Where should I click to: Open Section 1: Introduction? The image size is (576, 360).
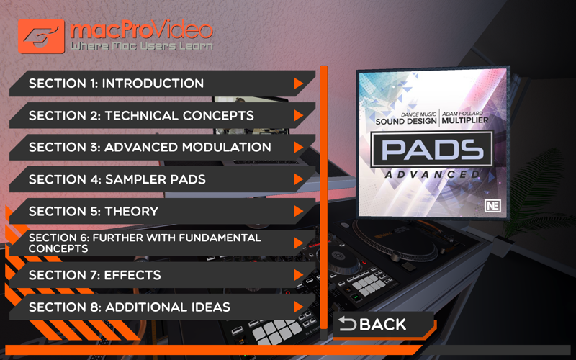pos(161,84)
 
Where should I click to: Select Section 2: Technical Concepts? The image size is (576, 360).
pos(161,115)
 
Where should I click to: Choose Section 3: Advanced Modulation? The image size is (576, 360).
pos(161,148)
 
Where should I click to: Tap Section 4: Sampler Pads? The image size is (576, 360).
pos(161,179)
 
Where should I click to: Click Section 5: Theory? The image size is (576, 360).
pos(161,211)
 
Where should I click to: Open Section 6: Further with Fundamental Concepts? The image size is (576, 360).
pos(161,243)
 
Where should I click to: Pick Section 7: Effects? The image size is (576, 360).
pos(161,275)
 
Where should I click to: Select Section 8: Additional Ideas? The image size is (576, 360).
pos(161,307)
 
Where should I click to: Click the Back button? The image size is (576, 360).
pos(384,325)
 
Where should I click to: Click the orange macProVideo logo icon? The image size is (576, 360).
pos(41,36)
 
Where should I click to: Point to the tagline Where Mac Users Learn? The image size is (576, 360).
pos(141,46)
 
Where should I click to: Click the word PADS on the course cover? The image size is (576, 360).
pos(432,150)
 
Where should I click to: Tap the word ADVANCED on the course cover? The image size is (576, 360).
pos(432,174)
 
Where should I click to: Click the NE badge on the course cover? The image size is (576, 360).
pos(492,206)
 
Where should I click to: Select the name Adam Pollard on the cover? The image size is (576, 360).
pos(462,114)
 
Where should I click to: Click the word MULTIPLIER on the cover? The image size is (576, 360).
pos(465,120)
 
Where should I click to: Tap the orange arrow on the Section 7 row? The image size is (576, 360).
pos(298,275)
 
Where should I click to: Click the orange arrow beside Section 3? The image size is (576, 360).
pos(298,148)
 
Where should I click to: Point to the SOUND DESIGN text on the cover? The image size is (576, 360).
pos(406,121)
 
